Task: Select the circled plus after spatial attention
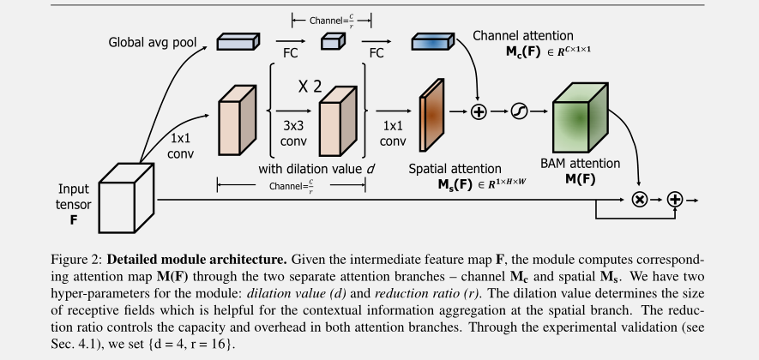coord(479,111)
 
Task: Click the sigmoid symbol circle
coord(519,111)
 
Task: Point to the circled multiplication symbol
coord(639,200)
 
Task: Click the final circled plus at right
coord(676,200)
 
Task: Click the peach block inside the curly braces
coord(334,123)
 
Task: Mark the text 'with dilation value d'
coord(316,169)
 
